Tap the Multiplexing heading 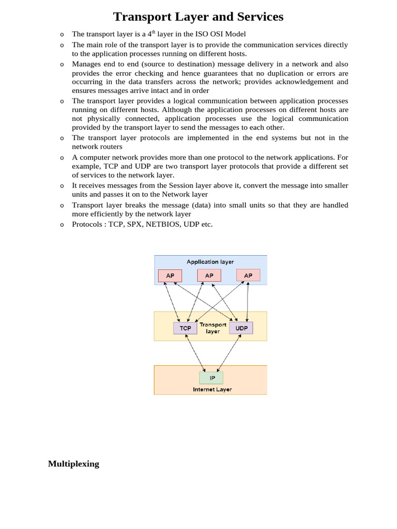[73, 463]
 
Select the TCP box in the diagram [185, 328]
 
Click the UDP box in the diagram [241, 328]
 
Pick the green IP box [211, 378]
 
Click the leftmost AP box [170, 276]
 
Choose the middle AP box [209, 276]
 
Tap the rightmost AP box [248, 276]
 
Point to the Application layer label [210, 262]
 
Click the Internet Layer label [212, 390]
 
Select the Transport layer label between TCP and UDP [213, 328]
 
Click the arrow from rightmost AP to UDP [249, 302]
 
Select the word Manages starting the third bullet [88, 64]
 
